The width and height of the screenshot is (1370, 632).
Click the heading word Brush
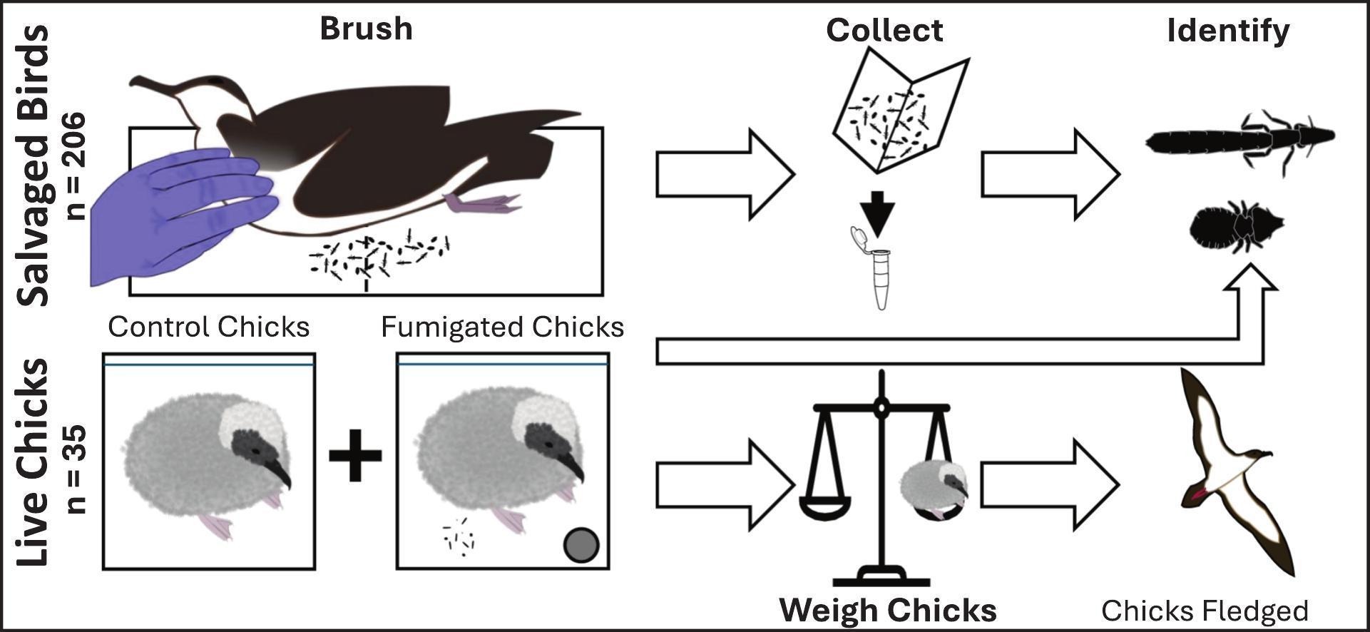(x=366, y=29)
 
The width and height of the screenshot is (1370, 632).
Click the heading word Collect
(x=884, y=31)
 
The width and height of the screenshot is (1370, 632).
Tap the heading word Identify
(x=1228, y=31)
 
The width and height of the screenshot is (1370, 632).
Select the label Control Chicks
(x=209, y=327)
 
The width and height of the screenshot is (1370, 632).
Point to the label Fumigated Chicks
(x=502, y=327)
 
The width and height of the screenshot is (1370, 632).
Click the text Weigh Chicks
(x=887, y=611)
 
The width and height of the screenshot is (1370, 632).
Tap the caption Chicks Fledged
(x=1205, y=611)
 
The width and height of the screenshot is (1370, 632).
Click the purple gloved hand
(x=178, y=214)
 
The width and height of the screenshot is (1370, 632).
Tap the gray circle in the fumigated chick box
(x=581, y=545)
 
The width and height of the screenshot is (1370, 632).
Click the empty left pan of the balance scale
(x=825, y=508)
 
